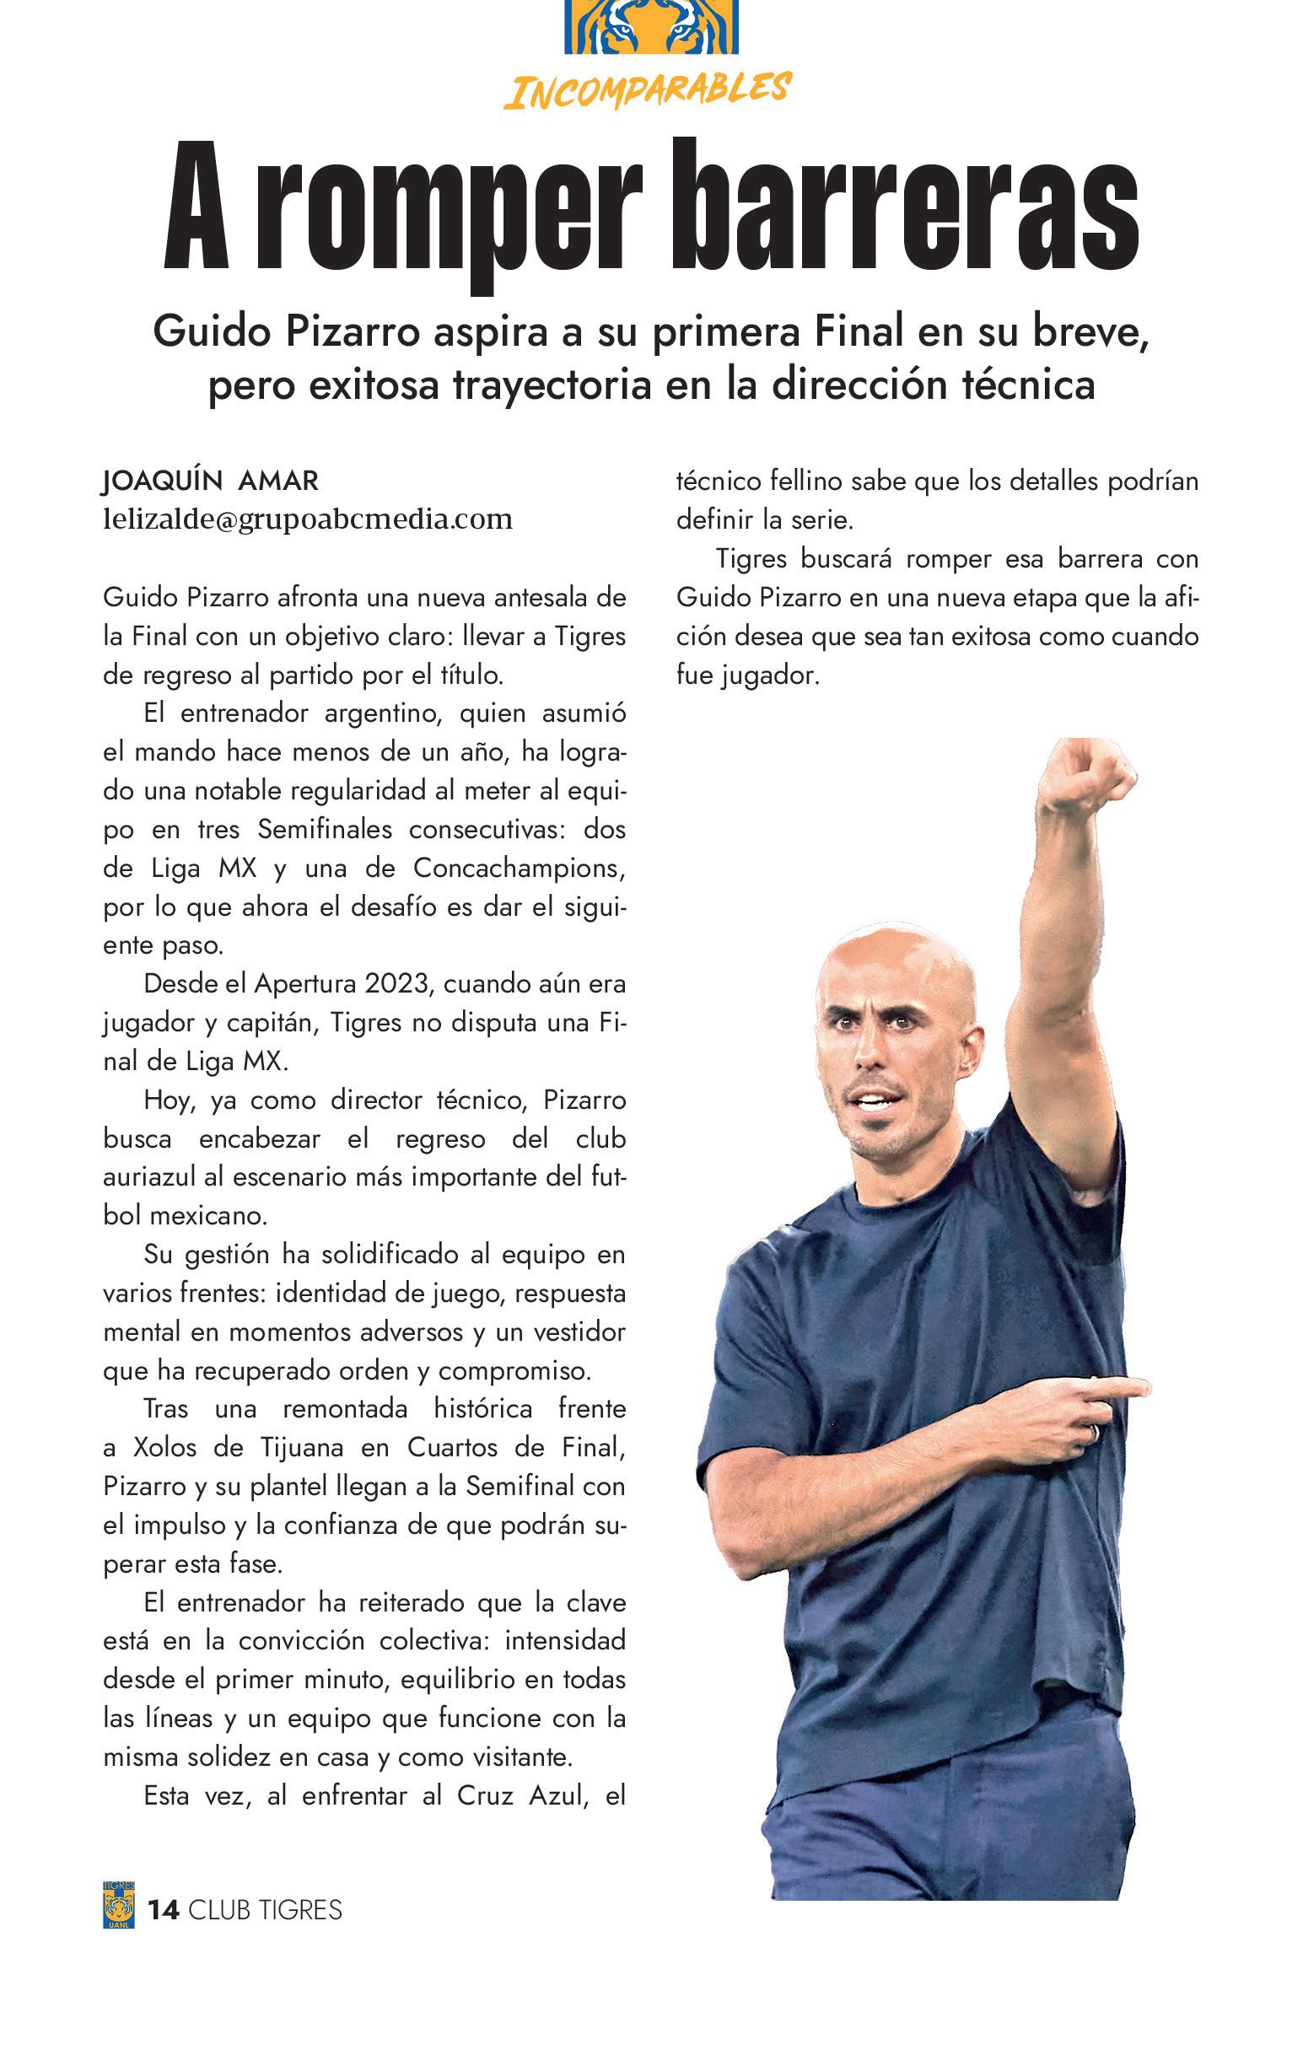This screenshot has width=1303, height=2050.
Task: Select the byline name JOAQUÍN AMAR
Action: pos(209,481)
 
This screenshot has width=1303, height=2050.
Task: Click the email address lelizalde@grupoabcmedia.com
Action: pos(308,519)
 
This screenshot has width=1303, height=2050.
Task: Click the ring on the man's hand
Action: pos(1096,1433)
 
